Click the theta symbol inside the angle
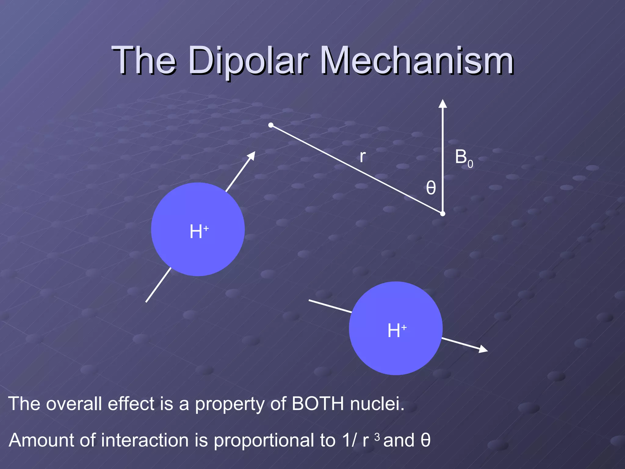(x=431, y=188)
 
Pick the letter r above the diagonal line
(x=362, y=157)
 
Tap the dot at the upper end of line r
(x=271, y=125)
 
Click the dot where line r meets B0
(x=443, y=214)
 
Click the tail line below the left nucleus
(x=158, y=285)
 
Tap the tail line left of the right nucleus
(x=330, y=306)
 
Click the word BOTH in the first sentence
(x=318, y=404)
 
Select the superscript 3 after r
(x=377, y=437)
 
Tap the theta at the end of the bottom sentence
(x=425, y=440)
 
